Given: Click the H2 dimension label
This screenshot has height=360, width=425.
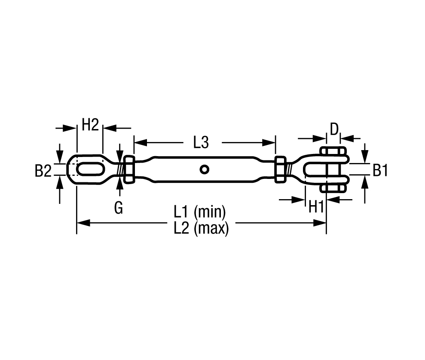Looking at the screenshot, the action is click(x=90, y=125).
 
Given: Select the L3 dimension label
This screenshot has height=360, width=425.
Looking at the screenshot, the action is click(x=201, y=142).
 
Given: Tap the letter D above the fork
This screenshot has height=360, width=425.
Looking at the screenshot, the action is click(x=334, y=129).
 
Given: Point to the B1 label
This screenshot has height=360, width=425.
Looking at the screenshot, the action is click(x=380, y=171).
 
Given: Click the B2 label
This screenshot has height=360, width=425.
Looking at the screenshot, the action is click(x=43, y=171).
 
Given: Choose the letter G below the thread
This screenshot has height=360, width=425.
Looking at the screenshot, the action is click(x=119, y=208).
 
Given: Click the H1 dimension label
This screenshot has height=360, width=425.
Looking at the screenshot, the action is click(x=316, y=207).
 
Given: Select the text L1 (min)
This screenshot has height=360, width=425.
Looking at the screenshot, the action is click(x=200, y=212).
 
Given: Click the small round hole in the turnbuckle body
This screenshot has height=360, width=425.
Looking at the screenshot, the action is click(x=205, y=169).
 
